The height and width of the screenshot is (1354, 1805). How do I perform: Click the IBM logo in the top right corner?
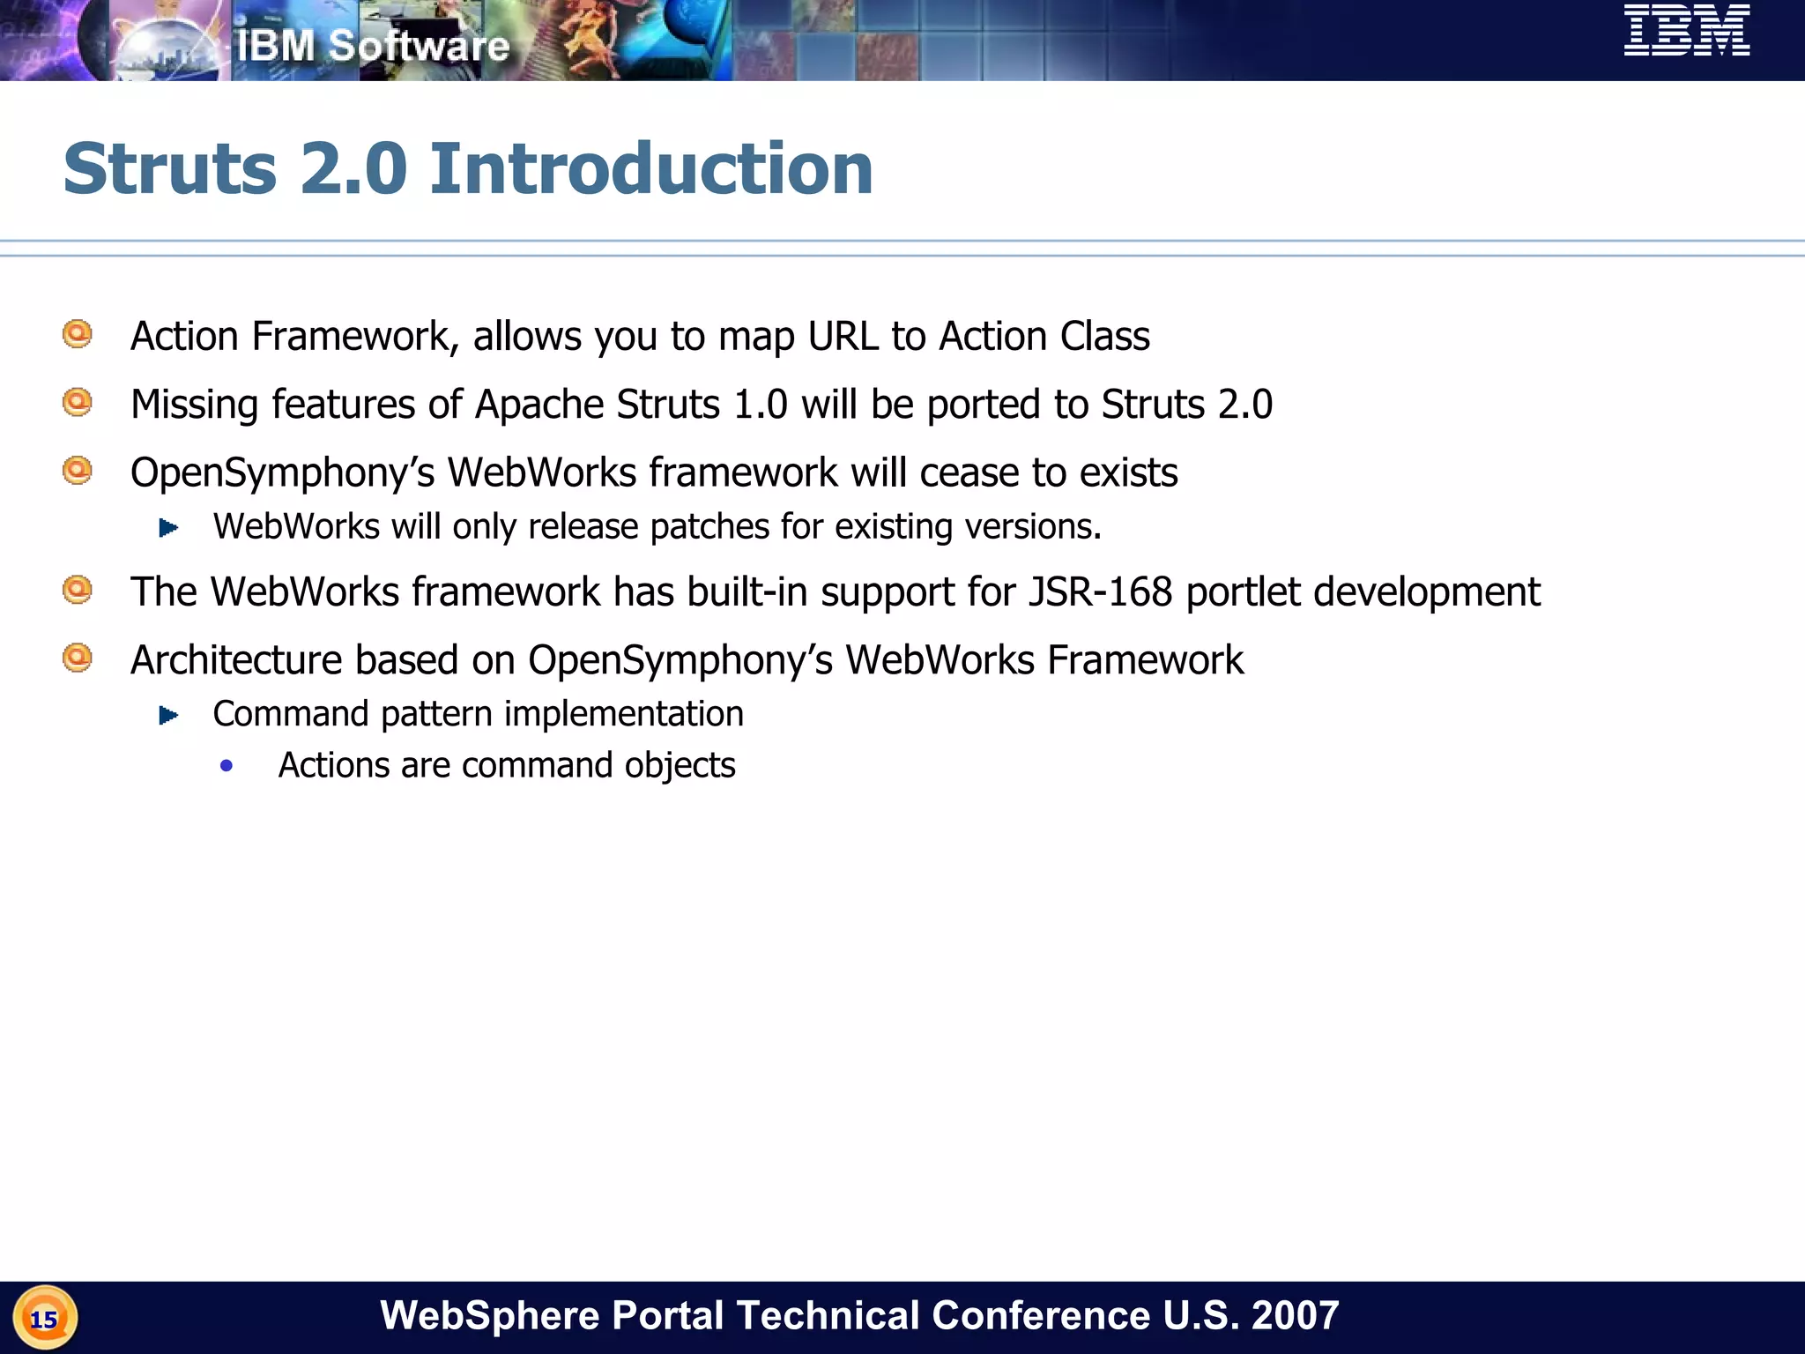pyautogui.click(x=1687, y=30)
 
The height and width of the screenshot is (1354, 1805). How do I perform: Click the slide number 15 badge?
pyautogui.click(x=45, y=1319)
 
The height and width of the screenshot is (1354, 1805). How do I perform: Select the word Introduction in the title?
pyautogui.click(x=650, y=168)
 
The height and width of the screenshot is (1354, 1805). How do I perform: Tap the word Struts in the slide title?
pyautogui.click(x=170, y=168)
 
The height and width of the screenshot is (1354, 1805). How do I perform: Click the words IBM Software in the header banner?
pyautogui.click(x=373, y=46)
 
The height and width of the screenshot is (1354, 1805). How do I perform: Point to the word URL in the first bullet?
pyautogui.click(x=843, y=337)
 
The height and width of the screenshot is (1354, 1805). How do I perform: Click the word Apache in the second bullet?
pyautogui.click(x=539, y=405)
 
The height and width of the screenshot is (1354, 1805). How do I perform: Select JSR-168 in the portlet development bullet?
pyautogui.click(x=1100, y=591)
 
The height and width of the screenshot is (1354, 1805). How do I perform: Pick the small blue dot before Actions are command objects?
pyautogui.click(x=227, y=766)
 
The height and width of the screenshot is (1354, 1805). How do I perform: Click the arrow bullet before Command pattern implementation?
pyautogui.click(x=168, y=715)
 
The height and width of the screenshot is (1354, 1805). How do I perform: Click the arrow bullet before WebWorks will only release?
pyautogui.click(x=168, y=528)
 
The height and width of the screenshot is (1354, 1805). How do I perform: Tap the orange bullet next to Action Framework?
pyautogui.click(x=78, y=334)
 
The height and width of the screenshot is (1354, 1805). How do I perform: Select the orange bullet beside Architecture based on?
pyautogui.click(x=78, y=658)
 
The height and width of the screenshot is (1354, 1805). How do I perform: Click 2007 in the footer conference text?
pyautogui.click(x=1295, y=1315)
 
